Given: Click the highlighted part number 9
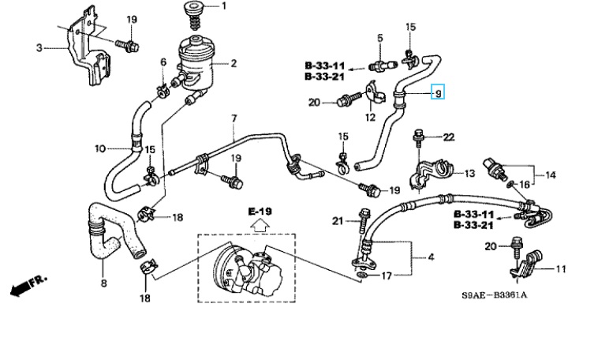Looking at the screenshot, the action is pyautogui.click(x=438, y=92).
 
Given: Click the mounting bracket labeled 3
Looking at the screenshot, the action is pyautogui.click(x=89, y=47).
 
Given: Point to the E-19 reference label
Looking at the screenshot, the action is pyautogui.click(x=260, y=212).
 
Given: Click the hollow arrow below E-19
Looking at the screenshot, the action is pyautogui.click(x=260, y=226).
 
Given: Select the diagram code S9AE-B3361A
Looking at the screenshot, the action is pyautogui.click(x=495, y=295).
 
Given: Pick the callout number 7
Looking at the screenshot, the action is pyautogui.click(x=234, y=118).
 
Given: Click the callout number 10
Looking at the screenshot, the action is pyautogui.click(x=100, y=148).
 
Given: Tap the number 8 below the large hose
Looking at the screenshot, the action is pyautogui.click(x=103, y=283).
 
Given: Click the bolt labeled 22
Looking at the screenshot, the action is pyautogui.click(x=419, y=139).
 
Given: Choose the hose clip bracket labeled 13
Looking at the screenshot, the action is pyautogui.click(x=432, y=174).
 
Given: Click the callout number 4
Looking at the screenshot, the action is pyautogui.click(x=431, y=257).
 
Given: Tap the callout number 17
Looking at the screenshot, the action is pyautogui.click(x=387, y=276).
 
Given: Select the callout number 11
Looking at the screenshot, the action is pyautogui.click(x=561, y=269).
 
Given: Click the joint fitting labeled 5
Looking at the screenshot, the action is pyautogui.click(x=383, y=66).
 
